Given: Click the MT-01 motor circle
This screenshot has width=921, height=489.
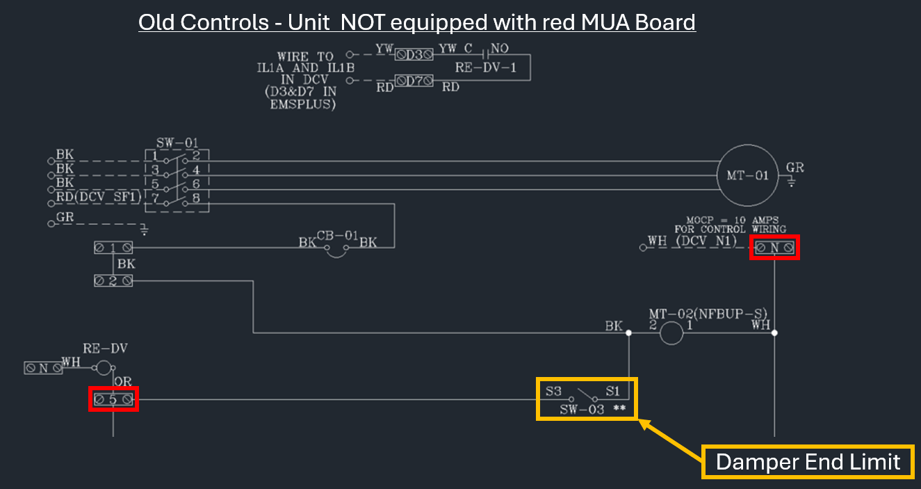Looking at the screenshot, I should click(747, 175).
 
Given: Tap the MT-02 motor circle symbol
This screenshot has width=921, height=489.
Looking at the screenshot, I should click(671, 333).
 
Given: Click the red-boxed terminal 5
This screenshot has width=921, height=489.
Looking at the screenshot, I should click(113, 399).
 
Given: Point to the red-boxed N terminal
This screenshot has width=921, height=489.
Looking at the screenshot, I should click(774, 248).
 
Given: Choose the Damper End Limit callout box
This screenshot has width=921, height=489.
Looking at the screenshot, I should click(808, 462).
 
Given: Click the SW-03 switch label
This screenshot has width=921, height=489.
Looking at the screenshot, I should click(582, 410).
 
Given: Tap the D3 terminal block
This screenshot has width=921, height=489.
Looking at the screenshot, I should click(415, 54).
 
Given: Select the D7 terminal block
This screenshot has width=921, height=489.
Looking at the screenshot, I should click(415, 81).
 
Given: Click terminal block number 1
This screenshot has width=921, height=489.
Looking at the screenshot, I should click(113, 248).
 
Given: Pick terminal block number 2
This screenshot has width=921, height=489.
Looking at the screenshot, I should click(113, 280).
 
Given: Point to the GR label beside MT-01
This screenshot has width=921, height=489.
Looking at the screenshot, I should click(794, 168).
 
